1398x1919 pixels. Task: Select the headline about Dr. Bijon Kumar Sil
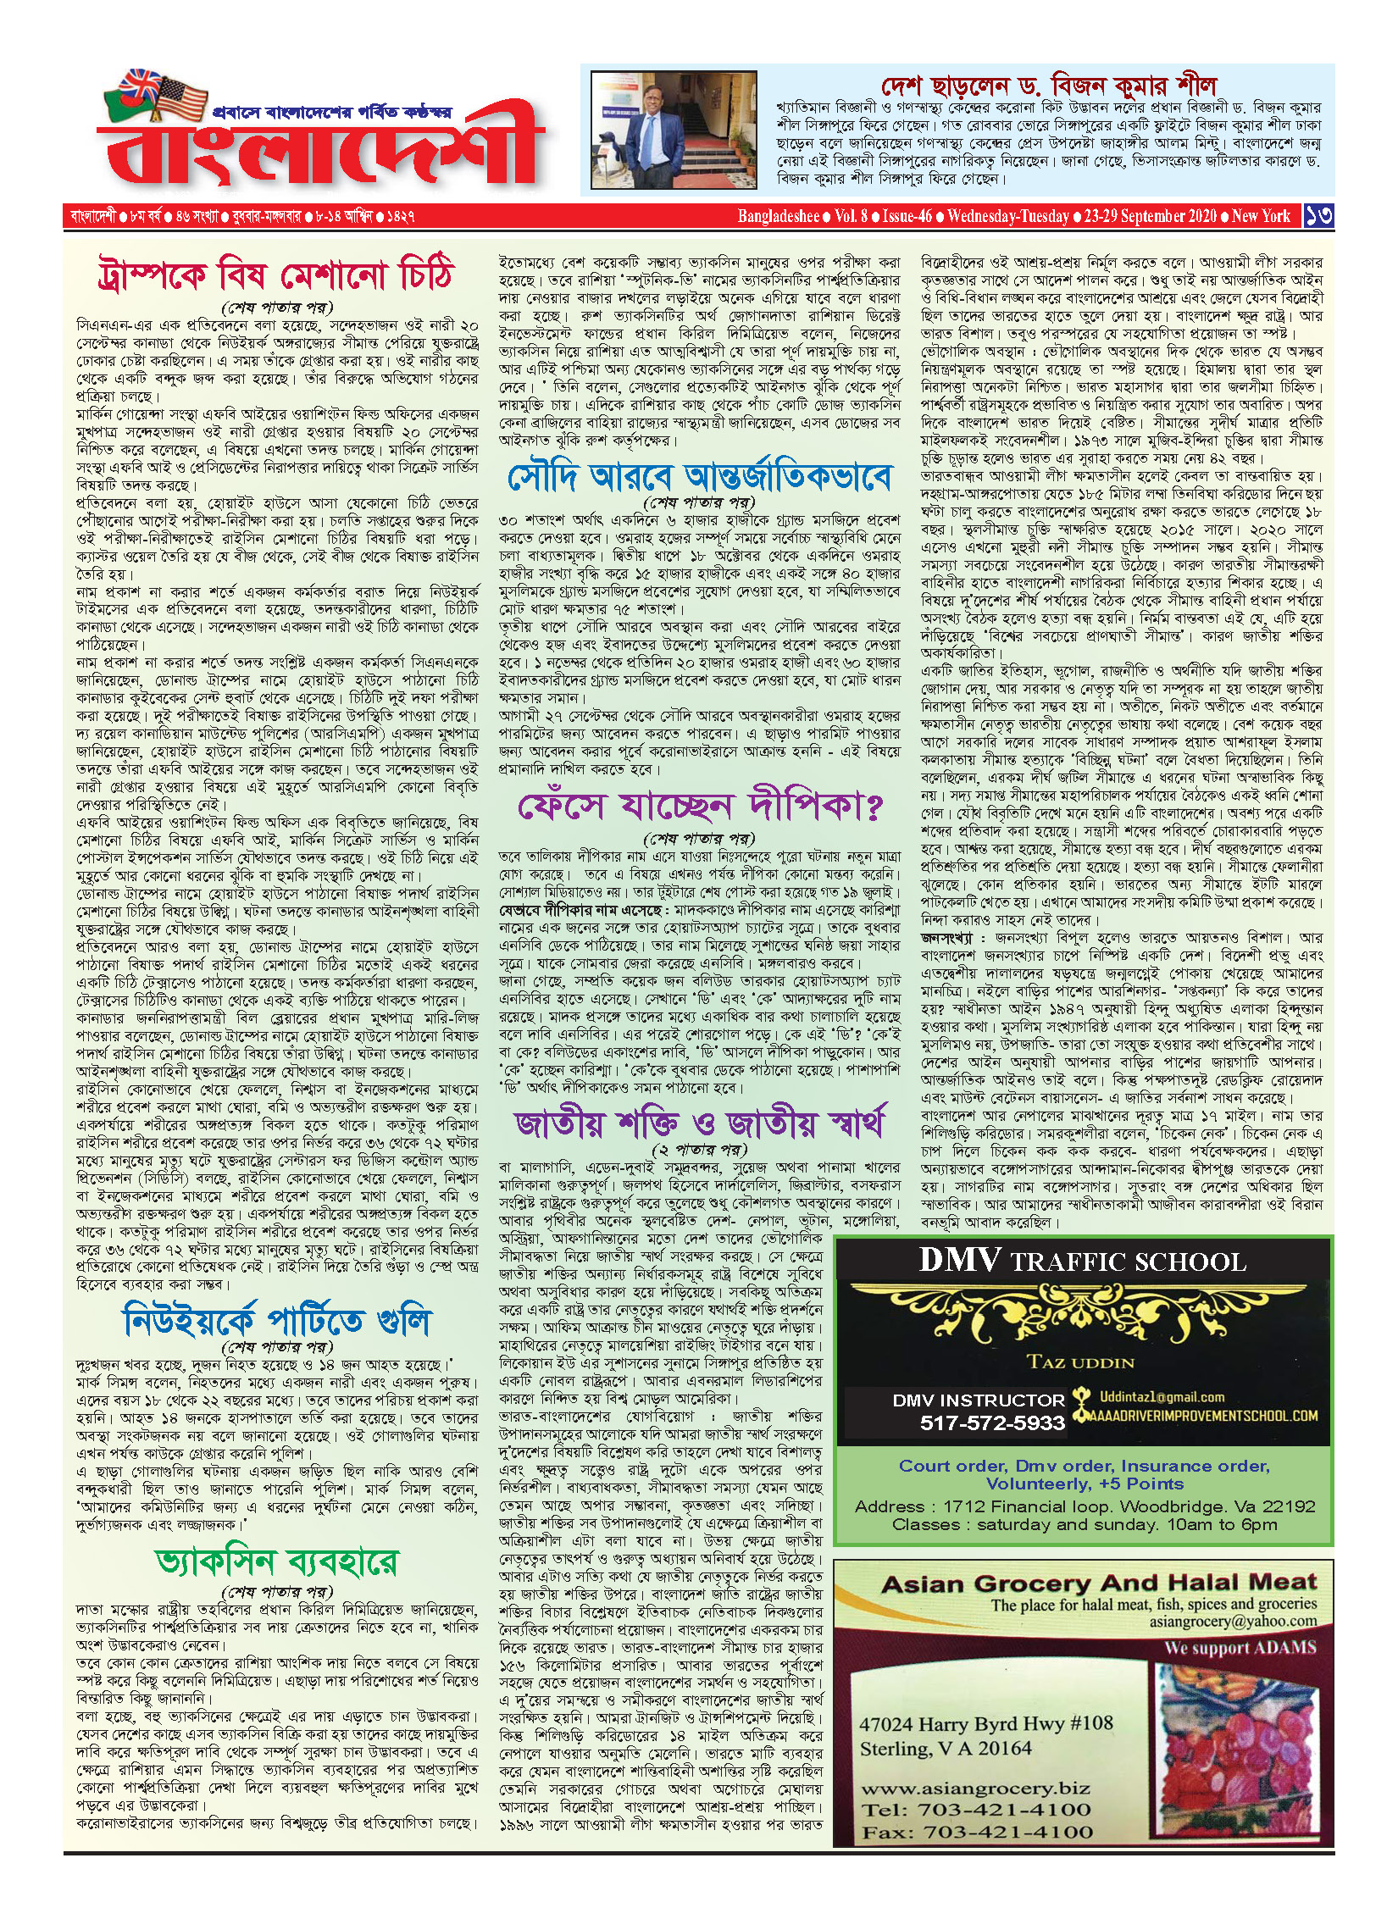(1048, 86)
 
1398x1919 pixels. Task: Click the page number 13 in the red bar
(1318, 216)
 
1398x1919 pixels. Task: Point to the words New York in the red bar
(1261, 216)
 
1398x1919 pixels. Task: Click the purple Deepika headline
(699, 806)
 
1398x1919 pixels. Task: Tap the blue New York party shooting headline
(276, 1321)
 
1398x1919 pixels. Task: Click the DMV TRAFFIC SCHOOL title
(1083, 1262)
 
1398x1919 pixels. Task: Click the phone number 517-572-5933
(992, 1423)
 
